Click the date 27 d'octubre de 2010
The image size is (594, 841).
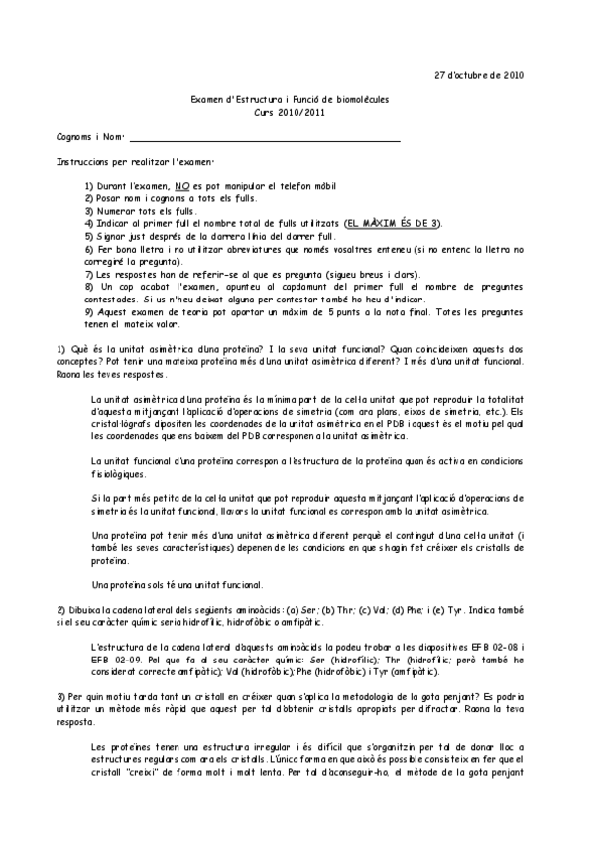tap(481, 74)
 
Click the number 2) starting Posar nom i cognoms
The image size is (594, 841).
tap(89, 198)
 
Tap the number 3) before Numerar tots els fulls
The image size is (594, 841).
tap(89, 210)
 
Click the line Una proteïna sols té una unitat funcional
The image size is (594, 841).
tap(176, 584)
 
